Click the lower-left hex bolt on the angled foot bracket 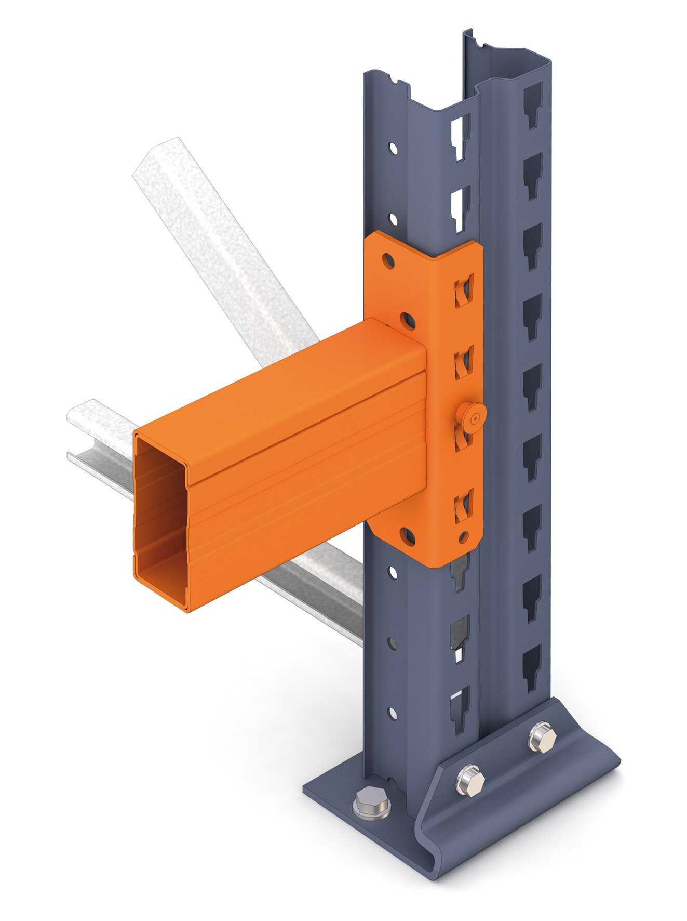(x=470, y=780)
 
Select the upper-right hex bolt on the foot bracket (x=542, y=736)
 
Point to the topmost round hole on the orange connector (x=387, y=259)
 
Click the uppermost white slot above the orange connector (x=460, y=136)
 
